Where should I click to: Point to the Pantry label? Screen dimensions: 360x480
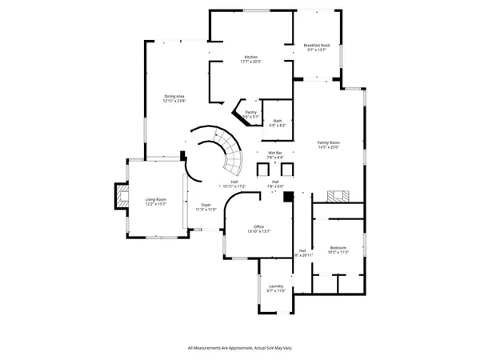coord(251,114)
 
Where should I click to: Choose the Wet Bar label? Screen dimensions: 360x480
coord(275,154)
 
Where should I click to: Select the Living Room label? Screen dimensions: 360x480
coord(155,201)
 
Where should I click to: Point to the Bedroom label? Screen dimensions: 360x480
coord(338,248)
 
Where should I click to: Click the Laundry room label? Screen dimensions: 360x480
coord(276,287)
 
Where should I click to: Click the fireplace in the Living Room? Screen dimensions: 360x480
coord(120,197)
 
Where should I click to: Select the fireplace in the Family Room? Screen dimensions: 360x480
coord(338,197)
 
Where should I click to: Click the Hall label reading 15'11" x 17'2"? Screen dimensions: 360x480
coord(234,186)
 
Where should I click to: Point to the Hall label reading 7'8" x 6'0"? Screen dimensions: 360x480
coord(275,186)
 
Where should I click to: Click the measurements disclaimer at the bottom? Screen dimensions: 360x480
coord(239,348)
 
